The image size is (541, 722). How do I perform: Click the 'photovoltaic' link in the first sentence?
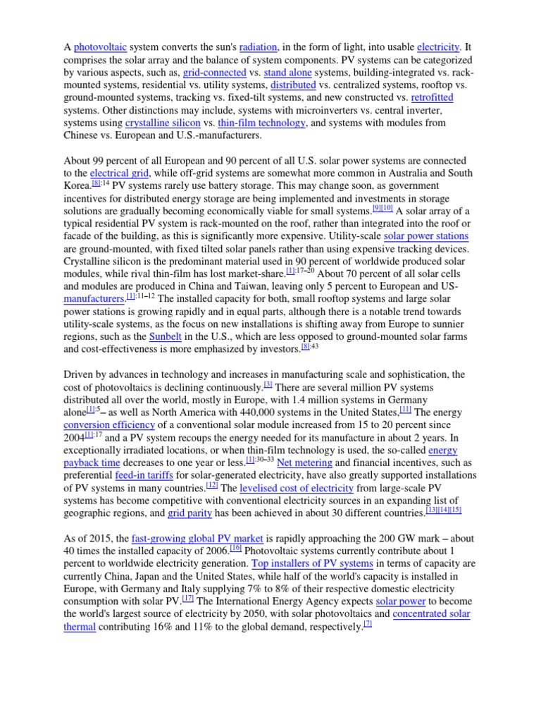101,47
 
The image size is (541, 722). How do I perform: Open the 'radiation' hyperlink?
258,47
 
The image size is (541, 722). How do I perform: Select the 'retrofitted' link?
433,97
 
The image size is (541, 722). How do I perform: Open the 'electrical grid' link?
120,173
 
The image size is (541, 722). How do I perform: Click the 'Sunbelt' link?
166,336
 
